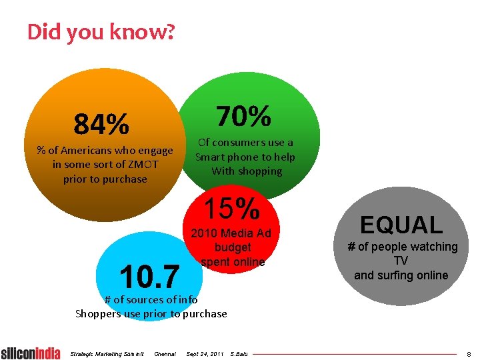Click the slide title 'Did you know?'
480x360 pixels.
click(x=101, y=31)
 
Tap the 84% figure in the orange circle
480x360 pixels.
click(x=102, y=123)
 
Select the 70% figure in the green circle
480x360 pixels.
click(x=244, y=117)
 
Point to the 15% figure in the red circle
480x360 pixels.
click(x=232, y=209)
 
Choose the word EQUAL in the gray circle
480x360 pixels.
click(x=401, y=225)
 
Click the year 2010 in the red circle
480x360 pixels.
click(x=204, y=233)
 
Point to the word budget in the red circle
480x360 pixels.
click(x=233, y=247)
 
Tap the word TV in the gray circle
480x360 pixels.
click(x=401, y=261)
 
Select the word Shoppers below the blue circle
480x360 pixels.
click(x=99, y=313)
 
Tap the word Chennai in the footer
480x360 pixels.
click(x=165, y=353)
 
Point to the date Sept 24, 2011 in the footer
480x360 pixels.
click(x=205, y=353)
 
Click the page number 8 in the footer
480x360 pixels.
click(x=469, y=354)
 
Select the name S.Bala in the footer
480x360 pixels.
click(x=238, y=353)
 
